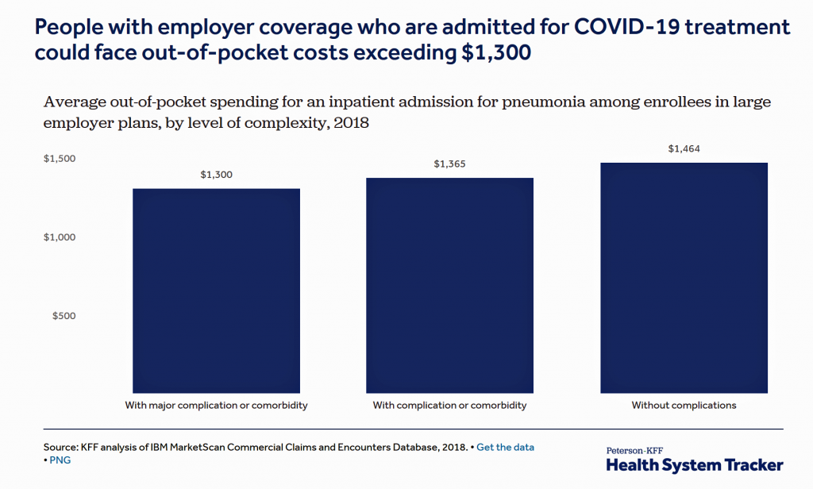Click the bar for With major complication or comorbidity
click(x=216, y=291)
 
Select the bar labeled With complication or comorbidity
click(x=449, y=286)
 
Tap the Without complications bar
click(x=684, y=278)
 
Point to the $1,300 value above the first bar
click(x=217, y=175)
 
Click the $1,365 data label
click(x=450, y=164)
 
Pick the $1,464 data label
click(x=684, y=148)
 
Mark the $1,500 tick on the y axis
click(x=60, y=159)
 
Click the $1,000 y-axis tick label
click(x=60, y=237)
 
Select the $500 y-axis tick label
click(x=64, y=316)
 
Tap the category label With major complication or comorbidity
click(x=216, y=406)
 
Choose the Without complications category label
click(x=684, y=406)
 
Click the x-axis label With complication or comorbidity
click(x=449, y=406)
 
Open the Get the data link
click(x=505, y=447)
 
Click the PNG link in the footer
click(x=60, y=460)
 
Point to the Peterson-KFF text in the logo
click(x=635, y=449)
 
